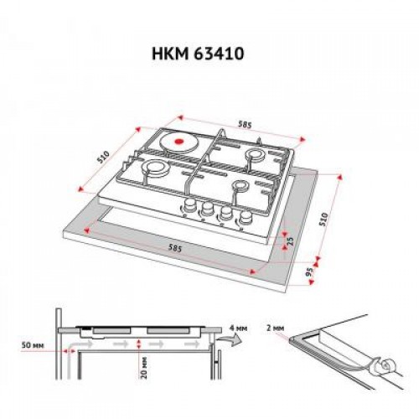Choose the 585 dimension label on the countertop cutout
click(178, 249)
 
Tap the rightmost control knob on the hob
click(245, 220)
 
